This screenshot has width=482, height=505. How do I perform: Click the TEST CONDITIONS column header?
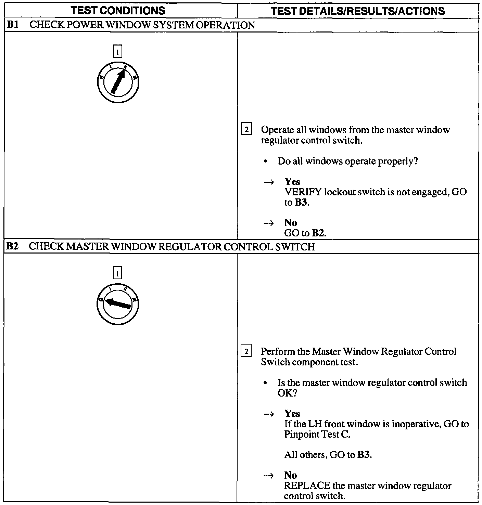click(x=118, y=11)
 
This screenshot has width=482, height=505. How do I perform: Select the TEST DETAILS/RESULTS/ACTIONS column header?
click(x=357, y=11)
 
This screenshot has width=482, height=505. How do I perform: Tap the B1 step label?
click(x=12, y=25)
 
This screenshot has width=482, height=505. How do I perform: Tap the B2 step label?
click(x=12, y=246)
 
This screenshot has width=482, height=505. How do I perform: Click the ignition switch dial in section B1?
click(x=118, y=82)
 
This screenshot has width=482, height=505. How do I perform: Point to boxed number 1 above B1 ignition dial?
click(x=117, y=52)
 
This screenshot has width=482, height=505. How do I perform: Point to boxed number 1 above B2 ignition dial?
click(x=117, y=274)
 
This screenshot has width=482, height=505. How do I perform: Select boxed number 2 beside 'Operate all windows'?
click(x=246, y=130)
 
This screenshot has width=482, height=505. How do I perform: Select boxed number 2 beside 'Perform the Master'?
click(x=246, y=351)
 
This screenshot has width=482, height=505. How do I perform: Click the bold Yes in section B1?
click(x=292, y=182)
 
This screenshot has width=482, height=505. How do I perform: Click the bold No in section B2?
click(x=290, y=475)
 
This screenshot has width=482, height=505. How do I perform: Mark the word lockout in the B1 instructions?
click(x=339, y=192)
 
